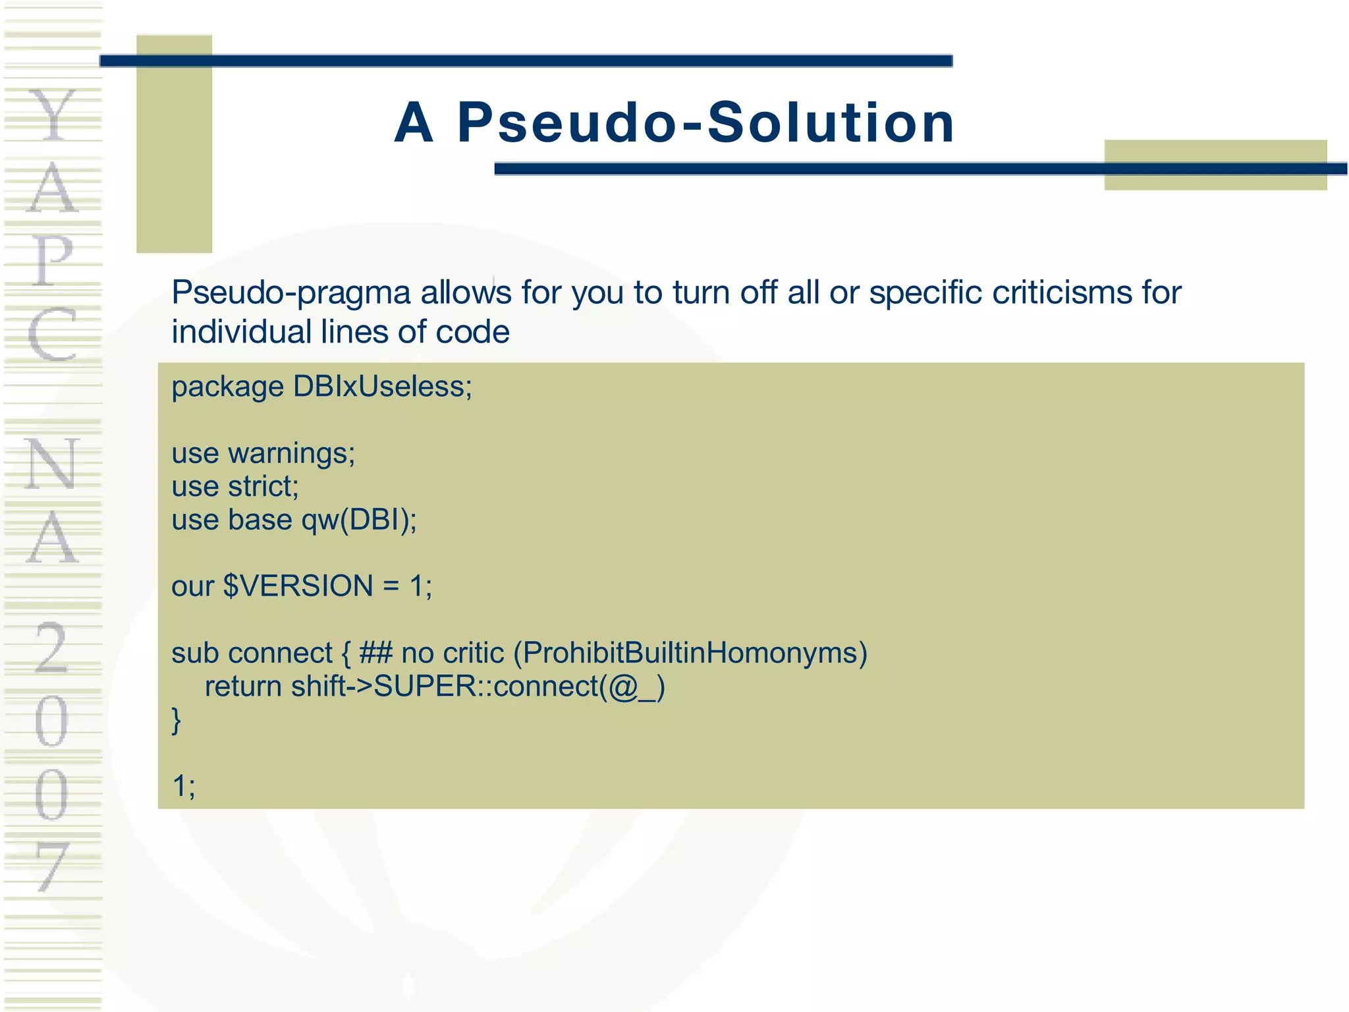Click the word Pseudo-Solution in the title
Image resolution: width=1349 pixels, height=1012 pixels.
click(705, 123)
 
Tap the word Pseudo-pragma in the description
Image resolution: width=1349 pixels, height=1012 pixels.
click(291, 293)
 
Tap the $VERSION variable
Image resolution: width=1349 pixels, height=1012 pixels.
click(298, 586)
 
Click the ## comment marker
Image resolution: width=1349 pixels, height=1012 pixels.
click(375, 654)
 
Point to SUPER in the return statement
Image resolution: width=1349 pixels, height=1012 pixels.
click(424, 687)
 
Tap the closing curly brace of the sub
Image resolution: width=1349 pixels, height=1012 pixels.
click(176, 720)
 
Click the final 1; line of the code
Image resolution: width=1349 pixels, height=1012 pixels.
click(183, 786)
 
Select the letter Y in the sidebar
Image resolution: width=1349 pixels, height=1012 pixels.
click(53, 115)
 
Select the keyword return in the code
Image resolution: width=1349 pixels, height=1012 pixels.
click(243, 687)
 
